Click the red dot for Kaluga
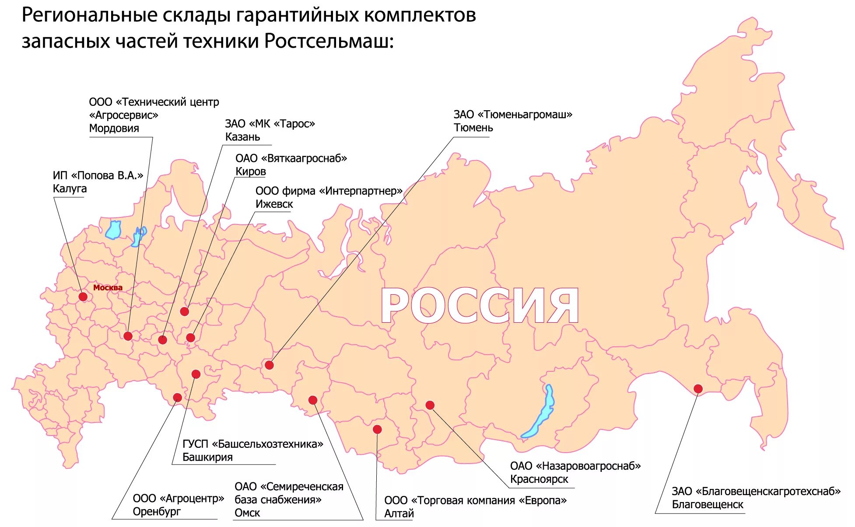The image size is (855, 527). pyautogui.click(x=83, y=297)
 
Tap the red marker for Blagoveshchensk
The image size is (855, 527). pyautogui.click(x=698, y=389)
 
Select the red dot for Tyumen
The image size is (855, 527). pyautogui.click(x=269, y=365)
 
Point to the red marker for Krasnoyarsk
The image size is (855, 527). pyautogui.click(x=430, y=405)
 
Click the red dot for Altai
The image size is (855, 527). pyautogui.click(x=377, y=429)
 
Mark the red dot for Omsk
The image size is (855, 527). pyautogui.click(x=312, y=400)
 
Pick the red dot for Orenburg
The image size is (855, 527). pyautogui.click(x=177, y=398)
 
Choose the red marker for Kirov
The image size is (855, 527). pyautogui.click(x=185, y=312)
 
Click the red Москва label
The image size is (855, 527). pyautogui.click(x=108, y=288)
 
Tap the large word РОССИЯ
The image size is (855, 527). pyautogui.click(x=480, y=306)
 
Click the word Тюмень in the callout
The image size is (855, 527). pyautogui.click(x=473, y=128)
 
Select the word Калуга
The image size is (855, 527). pyautogui.click(x=70, y=189)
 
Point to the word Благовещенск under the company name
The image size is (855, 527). pyautogui.click(x=707, y=505)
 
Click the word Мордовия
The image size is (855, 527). pyautogui.click(x=114, y=129)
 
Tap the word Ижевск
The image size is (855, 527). pyautogui.click(x=274, y=204)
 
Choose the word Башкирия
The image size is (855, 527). pyautogui.click(x=207, y=457)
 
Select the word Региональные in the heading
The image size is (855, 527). pyautogui.click(x=89, y=16)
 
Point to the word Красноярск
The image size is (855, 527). pyautogui.click(x=539, y=479)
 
